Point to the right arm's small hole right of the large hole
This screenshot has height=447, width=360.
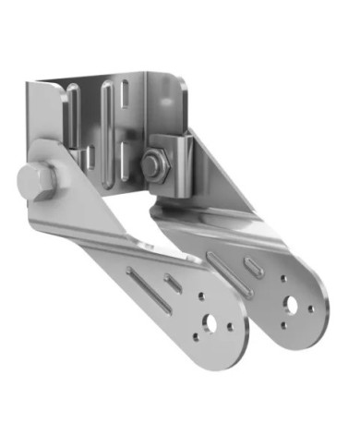310,308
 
